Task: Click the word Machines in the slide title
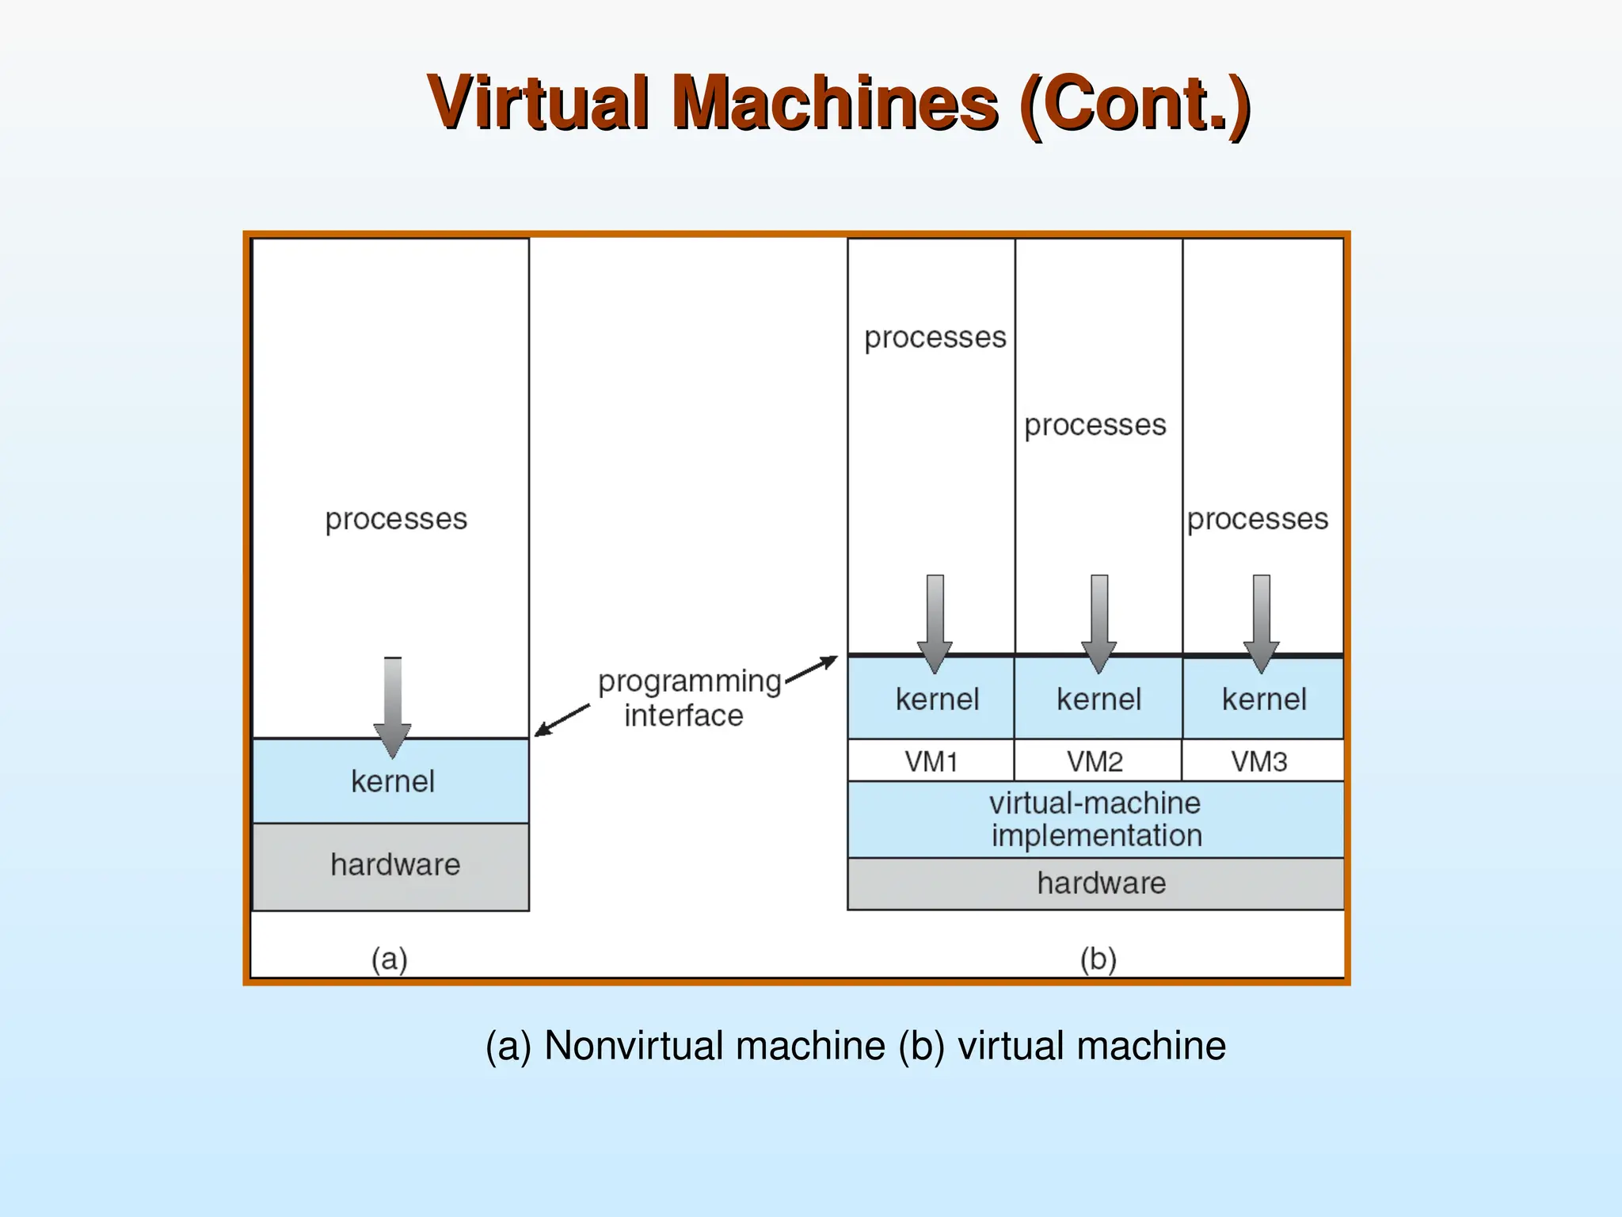coord(835,104)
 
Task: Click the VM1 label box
coord(931,761)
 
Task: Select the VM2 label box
coord(1095,761)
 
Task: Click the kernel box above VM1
coord(937,700)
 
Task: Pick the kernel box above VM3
coord(1264,700)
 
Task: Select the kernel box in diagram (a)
coord(392,782)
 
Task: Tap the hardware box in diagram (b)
coord(1101,883)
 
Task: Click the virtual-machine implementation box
coord(1096,819)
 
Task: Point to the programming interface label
coord(687,698)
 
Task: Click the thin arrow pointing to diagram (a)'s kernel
coord(562,720)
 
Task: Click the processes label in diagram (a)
coord(396,520)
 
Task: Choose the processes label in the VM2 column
coord(1095,425)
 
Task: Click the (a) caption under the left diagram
coord(390,959)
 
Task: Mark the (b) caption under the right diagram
coord(1098,959)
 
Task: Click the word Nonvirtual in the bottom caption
coord(714,1046)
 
